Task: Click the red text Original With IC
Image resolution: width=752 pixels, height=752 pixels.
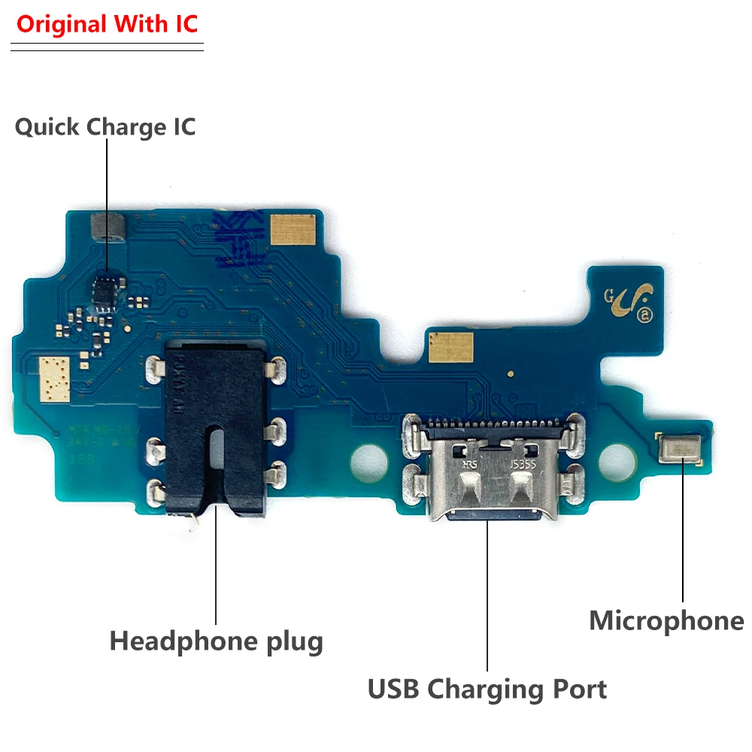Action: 107,24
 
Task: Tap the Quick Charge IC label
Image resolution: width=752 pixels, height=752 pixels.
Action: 105,126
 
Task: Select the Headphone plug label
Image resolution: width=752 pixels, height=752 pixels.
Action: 217,641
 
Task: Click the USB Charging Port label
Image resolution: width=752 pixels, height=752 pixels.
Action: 487,688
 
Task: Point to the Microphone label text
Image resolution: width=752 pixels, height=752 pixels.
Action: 666,621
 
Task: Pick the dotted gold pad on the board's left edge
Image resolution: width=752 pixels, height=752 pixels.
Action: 53,377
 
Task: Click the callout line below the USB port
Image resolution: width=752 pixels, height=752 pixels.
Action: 487,594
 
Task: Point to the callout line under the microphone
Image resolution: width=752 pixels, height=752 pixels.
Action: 683,534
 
